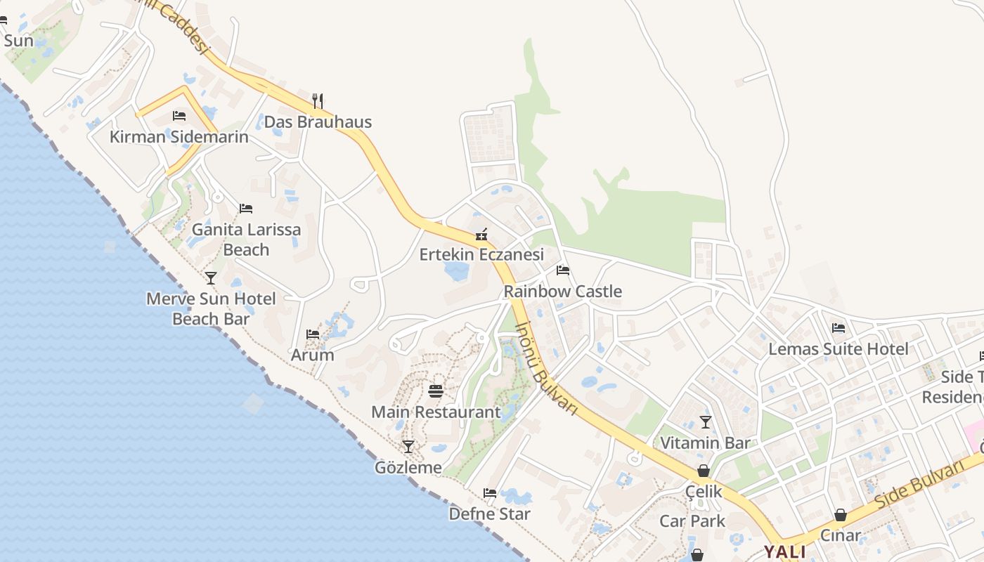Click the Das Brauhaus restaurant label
click(x=318, y=122)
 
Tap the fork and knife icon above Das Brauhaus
click(x=318, y=100)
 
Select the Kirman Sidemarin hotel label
click(x=179, y=136)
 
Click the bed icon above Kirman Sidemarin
click(x=179, y=116)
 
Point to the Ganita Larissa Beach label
click(x=246, y=239)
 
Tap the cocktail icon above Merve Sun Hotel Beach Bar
click(x=211, y=278)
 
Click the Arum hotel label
click(x=313, y=355)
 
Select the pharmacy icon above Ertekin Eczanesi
click(x=481, y=234)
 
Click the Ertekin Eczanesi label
click(x=481, y=254)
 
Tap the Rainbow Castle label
click(x=563, y=291)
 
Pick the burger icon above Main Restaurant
click(x=436, y=391)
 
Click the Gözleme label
click(x=408, y=467)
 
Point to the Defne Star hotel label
click(x=490, y=514)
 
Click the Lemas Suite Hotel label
click(x=839, y=348)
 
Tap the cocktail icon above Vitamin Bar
click(x=706, y=422)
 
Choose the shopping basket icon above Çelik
click(x=704, y=471)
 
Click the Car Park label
click(x=692, y=521)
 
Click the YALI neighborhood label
click(x=785, y=551)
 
